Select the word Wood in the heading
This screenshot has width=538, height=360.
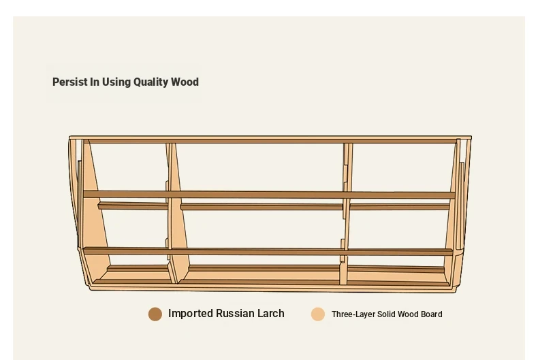coord(185,82)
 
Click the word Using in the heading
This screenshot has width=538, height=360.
coord(116,82)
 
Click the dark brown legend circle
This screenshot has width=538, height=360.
coord(155,314)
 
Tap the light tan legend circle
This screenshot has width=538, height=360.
coord(318,314)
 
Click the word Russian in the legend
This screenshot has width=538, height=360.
coord(235,313)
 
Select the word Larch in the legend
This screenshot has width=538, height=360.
coord(271,313)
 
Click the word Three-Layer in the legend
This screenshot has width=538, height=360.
coord(353,314)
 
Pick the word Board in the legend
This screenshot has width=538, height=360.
coord(432,314)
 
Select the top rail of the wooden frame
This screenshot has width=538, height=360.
coord(270,139)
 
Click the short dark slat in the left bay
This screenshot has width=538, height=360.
coord(133,206)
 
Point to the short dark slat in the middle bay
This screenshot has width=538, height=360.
coord(262,206)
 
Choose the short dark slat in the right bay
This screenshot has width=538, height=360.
coord(399,206)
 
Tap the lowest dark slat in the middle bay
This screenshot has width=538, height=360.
coord(264,268)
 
